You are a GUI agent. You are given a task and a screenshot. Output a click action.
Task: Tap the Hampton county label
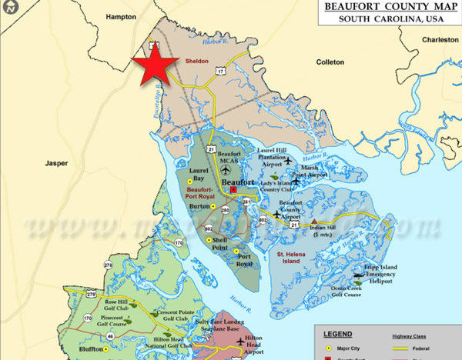pyautogui.click(x=121, y=16)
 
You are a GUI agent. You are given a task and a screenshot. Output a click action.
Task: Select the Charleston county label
pyautogui.click(x=440, y=39)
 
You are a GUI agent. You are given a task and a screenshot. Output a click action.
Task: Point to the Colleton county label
pyautogui.click(x=330, y=62)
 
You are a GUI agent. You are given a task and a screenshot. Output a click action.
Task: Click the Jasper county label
pyautogui.click(x=57, y=163)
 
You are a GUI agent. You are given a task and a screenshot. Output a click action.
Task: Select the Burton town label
pyautogui.click(x=200, y=207)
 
